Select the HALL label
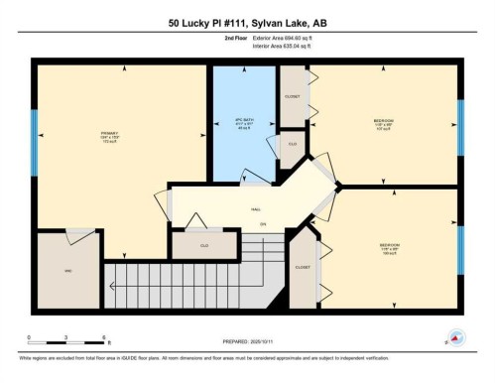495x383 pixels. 255,209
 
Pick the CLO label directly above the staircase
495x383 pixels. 203,243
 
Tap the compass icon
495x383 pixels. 454,337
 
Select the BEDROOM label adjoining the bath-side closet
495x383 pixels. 383,122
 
